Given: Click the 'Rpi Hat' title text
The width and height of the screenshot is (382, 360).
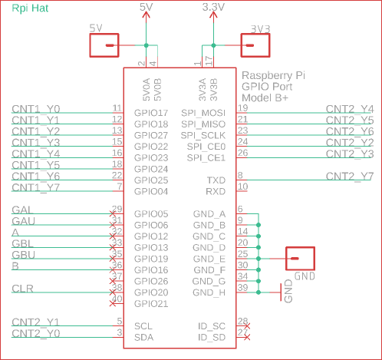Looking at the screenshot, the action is pos(30,8).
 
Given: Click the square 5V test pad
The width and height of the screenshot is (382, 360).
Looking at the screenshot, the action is pos(104,45).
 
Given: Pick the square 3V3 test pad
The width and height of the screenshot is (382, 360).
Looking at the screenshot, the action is pos(255,45).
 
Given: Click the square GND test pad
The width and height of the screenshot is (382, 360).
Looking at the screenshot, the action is pos(300,259).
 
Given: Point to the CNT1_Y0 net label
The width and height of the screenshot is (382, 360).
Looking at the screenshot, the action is pos(36,109).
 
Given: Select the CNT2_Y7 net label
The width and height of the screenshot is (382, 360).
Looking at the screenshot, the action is pos(350,177).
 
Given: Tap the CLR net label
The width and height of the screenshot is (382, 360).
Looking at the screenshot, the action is pos(22,289).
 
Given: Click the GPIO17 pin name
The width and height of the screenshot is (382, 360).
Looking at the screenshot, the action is pos(151,113).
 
